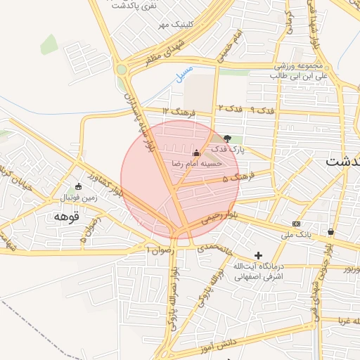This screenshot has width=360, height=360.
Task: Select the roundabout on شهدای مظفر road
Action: pos(122,70)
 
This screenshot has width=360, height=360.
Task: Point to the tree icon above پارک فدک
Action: pos(226,139)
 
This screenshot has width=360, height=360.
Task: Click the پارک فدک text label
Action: pos(230,149)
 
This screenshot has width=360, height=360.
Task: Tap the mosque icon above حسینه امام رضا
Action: pos(196,153)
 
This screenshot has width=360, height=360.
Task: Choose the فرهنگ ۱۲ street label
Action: pos(176,111)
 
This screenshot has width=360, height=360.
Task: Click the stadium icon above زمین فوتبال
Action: pos(77,186)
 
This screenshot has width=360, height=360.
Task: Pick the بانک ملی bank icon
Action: pos(296,224)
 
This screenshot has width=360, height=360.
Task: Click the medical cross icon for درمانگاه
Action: pos(258,255)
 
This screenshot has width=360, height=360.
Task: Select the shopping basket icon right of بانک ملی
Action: pos(330,231)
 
